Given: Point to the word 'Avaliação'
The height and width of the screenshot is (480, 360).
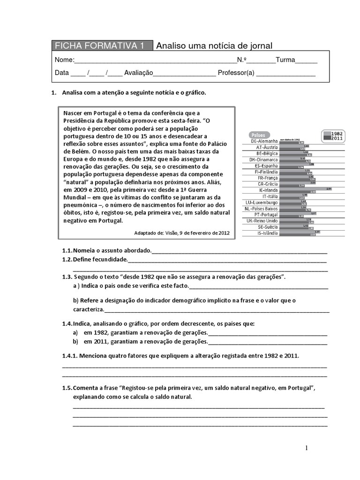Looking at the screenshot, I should click(139, 73).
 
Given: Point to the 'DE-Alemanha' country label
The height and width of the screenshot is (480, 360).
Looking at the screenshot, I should click(264, 141).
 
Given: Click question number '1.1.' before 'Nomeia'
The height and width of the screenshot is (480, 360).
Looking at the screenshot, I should click(67, 251).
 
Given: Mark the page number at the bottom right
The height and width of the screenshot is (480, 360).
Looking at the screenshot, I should click(307, 448).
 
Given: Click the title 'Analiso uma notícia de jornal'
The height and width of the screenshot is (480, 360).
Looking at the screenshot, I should click(214, 45).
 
